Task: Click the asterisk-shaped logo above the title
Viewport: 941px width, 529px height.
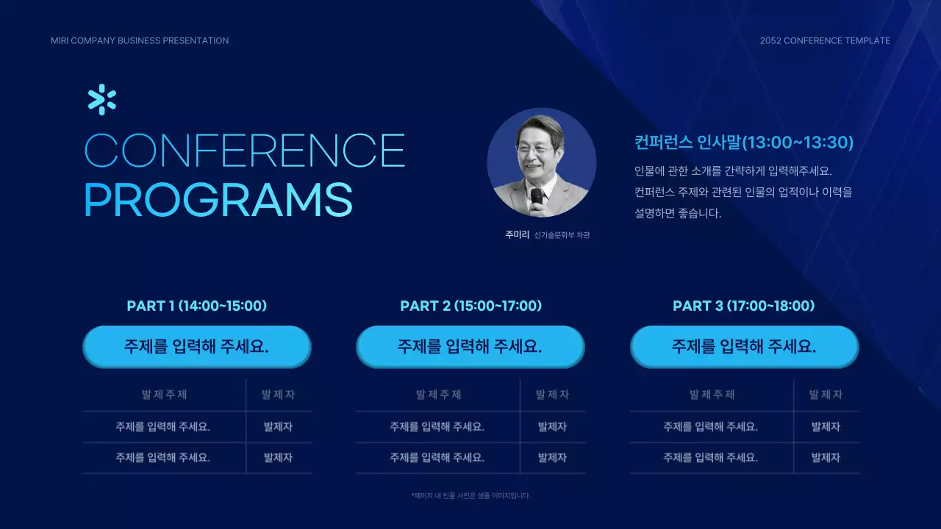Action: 101,100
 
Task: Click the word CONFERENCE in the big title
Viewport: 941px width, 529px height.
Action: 245,151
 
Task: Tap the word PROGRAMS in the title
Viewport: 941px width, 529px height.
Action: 218,199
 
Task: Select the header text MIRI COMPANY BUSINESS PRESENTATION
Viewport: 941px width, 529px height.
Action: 140,40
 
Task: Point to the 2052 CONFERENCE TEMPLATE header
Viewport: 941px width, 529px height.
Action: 825,40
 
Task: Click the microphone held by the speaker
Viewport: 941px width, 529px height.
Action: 537,198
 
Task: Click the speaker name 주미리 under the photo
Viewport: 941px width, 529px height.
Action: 517,235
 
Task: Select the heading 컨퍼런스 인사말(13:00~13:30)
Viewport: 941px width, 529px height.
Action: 743,143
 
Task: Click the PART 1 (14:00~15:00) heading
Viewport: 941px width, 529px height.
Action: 197,306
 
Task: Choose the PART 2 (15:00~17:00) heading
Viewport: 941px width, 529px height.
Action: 470,306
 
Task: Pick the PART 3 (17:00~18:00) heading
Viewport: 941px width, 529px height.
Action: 744,306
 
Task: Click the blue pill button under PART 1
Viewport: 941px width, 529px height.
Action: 197,347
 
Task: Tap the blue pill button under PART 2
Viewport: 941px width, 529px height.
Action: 470,347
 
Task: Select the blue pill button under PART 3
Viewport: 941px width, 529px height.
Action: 744,347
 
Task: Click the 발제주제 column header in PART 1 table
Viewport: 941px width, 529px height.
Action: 164,395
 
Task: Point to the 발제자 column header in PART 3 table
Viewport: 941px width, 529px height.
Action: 826,395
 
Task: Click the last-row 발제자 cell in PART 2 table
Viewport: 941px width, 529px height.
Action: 552,458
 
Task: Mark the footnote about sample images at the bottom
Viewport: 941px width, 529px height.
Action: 470,495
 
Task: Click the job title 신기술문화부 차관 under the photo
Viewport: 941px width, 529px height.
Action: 562,235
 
